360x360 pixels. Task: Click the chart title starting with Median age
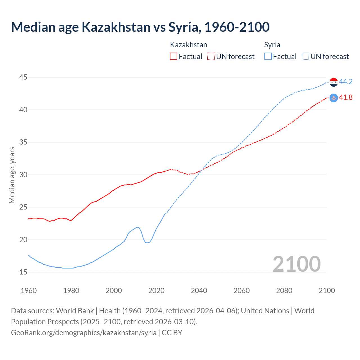140,27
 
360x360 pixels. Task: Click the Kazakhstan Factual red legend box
174,56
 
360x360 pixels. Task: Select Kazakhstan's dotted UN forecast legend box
211,56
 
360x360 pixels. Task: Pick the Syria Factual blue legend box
268,56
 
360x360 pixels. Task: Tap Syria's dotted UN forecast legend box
305,56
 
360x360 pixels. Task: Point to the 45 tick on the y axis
24,77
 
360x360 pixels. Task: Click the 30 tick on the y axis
24,175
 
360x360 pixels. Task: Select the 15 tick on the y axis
24,272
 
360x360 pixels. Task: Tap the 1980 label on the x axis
71,291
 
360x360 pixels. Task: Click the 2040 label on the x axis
199,291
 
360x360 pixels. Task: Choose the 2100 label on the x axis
327,291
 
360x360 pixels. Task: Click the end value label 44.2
346,82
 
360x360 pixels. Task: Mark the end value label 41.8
346,98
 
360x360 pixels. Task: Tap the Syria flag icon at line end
334,82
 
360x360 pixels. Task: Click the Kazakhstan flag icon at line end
334,98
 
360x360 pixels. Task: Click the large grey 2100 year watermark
296,264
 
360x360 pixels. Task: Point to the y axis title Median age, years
12,175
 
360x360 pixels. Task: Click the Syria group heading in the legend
272,45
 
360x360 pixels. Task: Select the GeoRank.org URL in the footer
84,333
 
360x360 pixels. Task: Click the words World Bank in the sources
75,311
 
